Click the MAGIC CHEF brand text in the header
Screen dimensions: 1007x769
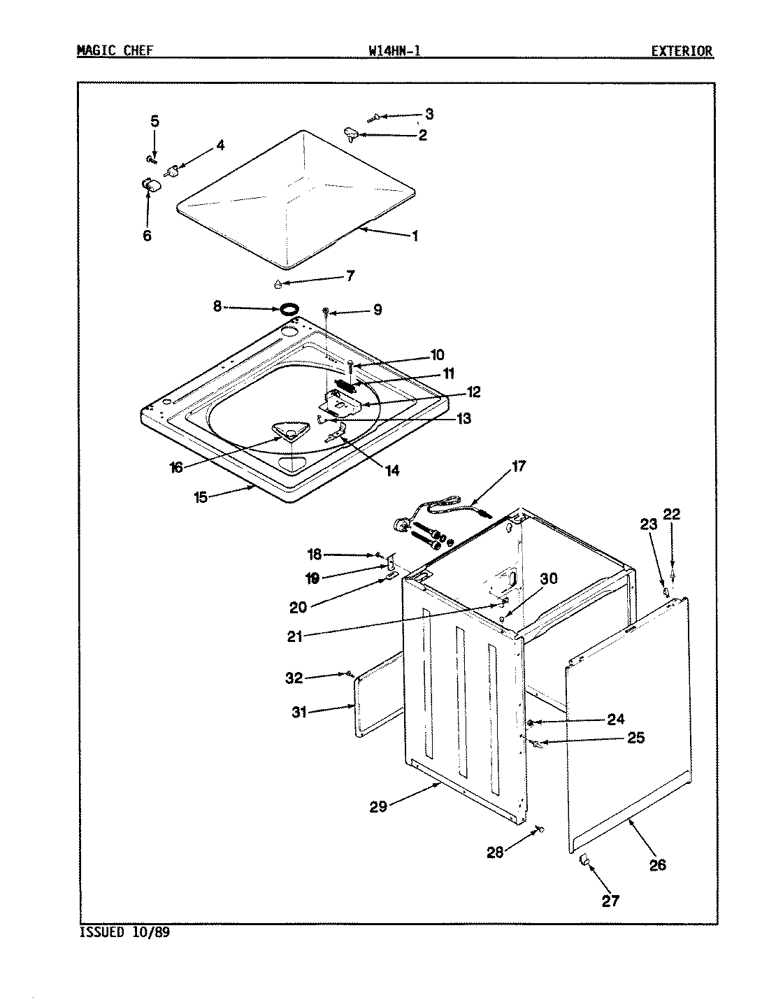(x=114, y=50)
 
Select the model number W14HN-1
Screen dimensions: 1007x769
(x=394, y=50)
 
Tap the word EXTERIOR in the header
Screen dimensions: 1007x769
(x=682, y=50)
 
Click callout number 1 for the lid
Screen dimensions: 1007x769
(x=415, y=236)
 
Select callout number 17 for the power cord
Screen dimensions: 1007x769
(x=519, y=466)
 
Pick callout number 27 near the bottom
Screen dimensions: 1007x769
(x=610, y=901)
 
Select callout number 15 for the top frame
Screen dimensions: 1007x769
(x=201, y=498)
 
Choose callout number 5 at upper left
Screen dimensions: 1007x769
(x=154, y=121)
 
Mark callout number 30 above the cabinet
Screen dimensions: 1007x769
(x=549, y=578)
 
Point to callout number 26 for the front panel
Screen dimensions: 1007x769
(x=657, y=865)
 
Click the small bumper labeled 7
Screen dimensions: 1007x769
(x=278, y=284)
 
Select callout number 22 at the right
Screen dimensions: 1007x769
(x=671, y=515)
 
